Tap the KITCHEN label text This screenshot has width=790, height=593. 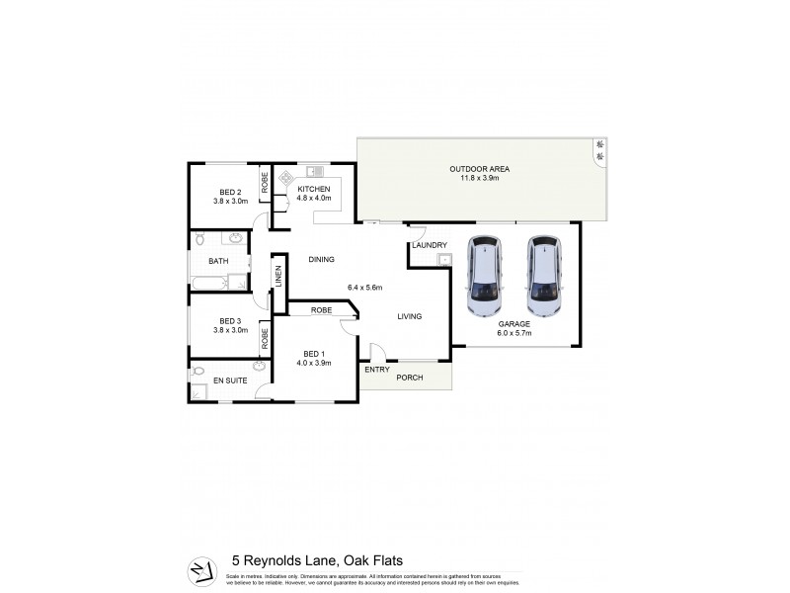pos(313,188)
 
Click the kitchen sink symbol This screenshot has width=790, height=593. pos(314,170)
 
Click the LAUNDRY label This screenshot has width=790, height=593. pos(431,245)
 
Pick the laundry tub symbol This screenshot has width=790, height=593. pos(444,260)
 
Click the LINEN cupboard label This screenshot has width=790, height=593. pos(278,277)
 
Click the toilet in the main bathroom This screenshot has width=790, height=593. pos(198,238)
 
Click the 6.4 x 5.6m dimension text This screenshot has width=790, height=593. pos(364,288)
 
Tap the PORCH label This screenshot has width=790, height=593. pos(409,378)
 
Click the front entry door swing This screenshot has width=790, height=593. pos(375,351)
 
